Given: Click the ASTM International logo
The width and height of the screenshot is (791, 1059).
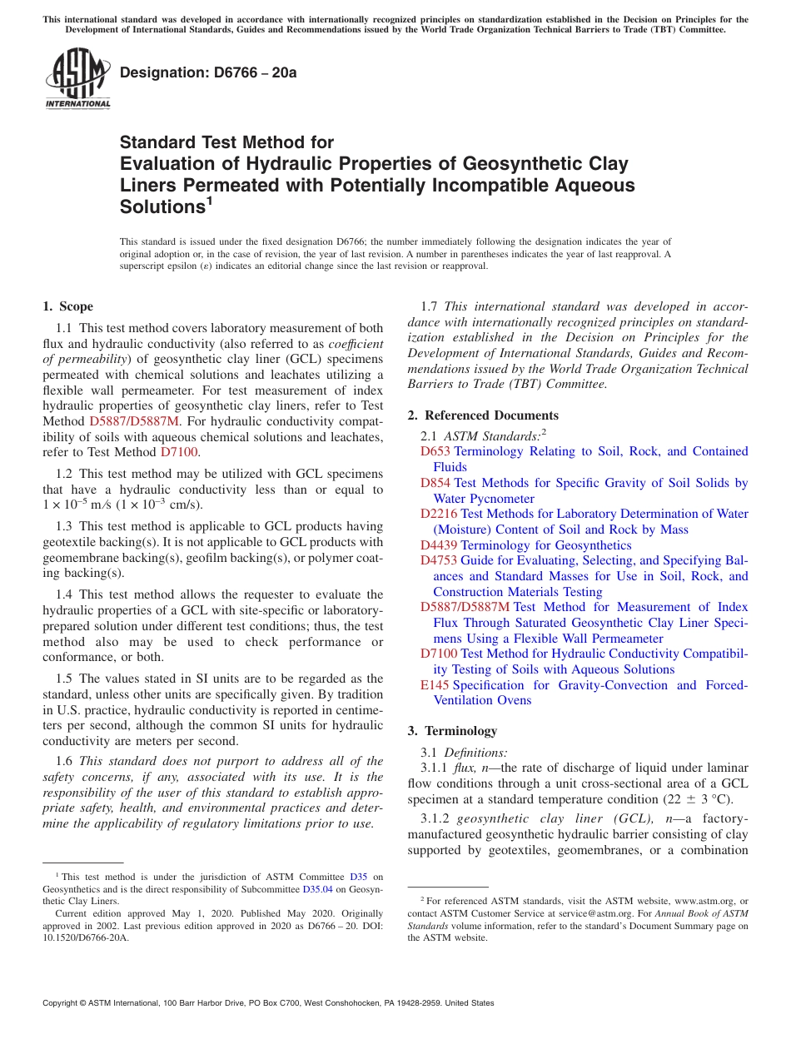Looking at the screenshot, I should click(x=77, y=80).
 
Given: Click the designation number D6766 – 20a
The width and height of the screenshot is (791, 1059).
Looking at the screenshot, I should click(x=208, y=72).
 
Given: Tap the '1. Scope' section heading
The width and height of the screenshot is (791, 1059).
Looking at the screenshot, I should click(x=67, y=306).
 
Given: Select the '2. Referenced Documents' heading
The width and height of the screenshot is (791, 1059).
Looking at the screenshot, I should click(x=483, y=415).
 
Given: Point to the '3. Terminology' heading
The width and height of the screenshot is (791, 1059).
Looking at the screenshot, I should click(x=452, y=731).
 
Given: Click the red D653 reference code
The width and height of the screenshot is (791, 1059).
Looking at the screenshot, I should click(x=435, y=451).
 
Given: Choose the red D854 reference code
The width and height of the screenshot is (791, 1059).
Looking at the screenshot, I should click(x=435, y=483).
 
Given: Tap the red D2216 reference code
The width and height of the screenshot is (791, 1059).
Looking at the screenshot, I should click(x=439, y=514).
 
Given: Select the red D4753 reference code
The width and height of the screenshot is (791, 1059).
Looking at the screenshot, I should click(x=439, y=561).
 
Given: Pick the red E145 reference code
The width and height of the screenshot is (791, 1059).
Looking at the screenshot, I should click(x=435, y=685).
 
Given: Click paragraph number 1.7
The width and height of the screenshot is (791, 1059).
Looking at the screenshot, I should click(x=430, y=306).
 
